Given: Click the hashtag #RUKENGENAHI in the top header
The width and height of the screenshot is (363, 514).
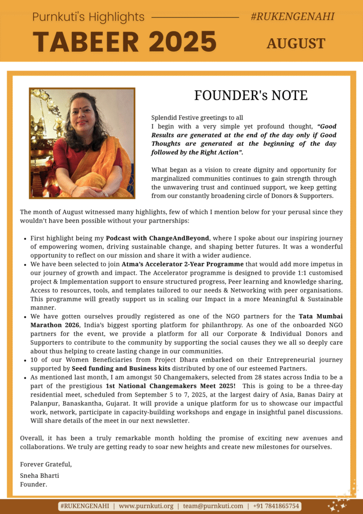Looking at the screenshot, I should (x=292, y=17).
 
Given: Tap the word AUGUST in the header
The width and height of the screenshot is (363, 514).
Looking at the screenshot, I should (x=296, y=44).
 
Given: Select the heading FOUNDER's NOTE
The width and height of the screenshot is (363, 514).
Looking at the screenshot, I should (x=251, y=95).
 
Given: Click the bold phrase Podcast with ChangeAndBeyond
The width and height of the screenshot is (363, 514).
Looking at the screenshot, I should (x=157, y=238).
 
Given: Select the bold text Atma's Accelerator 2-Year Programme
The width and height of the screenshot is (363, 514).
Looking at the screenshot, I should (x=183, y=264).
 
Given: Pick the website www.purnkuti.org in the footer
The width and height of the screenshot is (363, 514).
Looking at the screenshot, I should (x=146, y=506).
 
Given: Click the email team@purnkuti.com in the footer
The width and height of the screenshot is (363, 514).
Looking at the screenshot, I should (x=213, y=506).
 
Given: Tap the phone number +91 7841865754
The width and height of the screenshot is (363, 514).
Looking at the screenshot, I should (x=276, y=506).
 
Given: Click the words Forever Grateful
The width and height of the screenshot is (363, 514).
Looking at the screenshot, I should (x=46, y=464).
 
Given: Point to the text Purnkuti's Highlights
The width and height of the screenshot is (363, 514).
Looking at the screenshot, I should (x=88, y=17).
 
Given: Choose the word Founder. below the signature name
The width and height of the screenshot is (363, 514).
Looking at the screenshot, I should (x=34, y=484).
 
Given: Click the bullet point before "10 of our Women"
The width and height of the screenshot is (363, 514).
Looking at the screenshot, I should (x=25, y=361).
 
